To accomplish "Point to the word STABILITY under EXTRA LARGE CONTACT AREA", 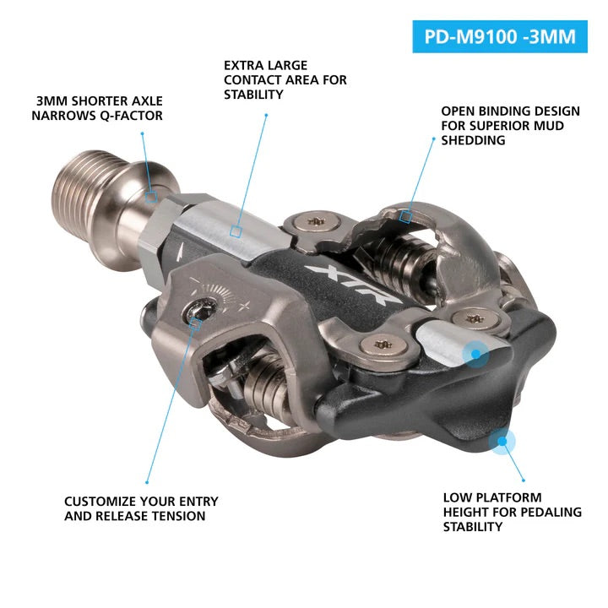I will [x=253, y=95].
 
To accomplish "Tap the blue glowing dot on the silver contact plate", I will [x=476, y=353].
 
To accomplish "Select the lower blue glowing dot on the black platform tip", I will [x=503, y=439].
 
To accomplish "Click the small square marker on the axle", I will [x=151, y=196].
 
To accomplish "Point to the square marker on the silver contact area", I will [x=236, y=230].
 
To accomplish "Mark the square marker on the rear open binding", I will [x=405, y=217].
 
